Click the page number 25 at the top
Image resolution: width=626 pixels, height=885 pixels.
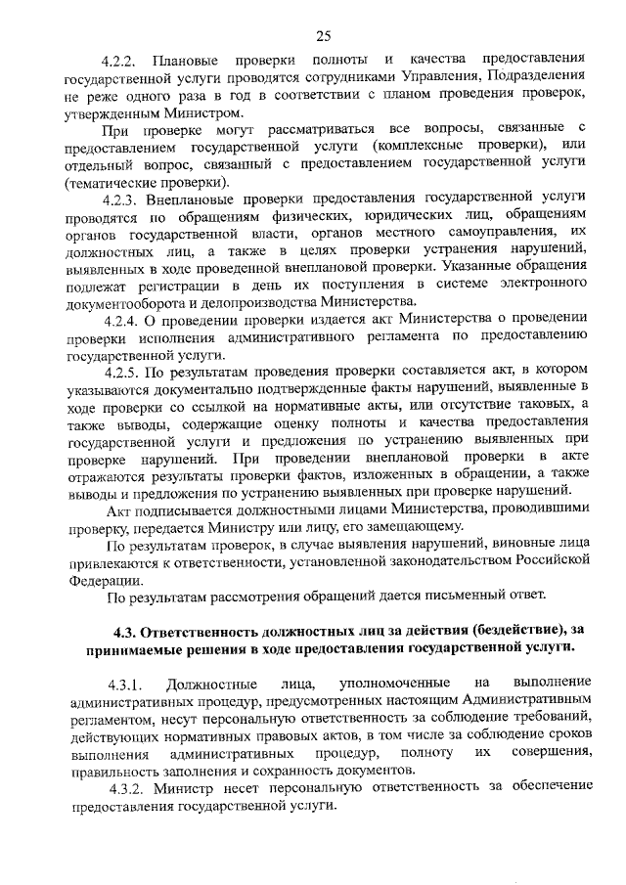coord(324,36)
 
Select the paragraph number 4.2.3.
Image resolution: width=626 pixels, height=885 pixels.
coord(123,199)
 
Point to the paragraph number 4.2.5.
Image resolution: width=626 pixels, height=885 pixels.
coord(123,371)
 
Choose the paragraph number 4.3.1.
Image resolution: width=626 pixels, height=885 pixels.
coord(126,682)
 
